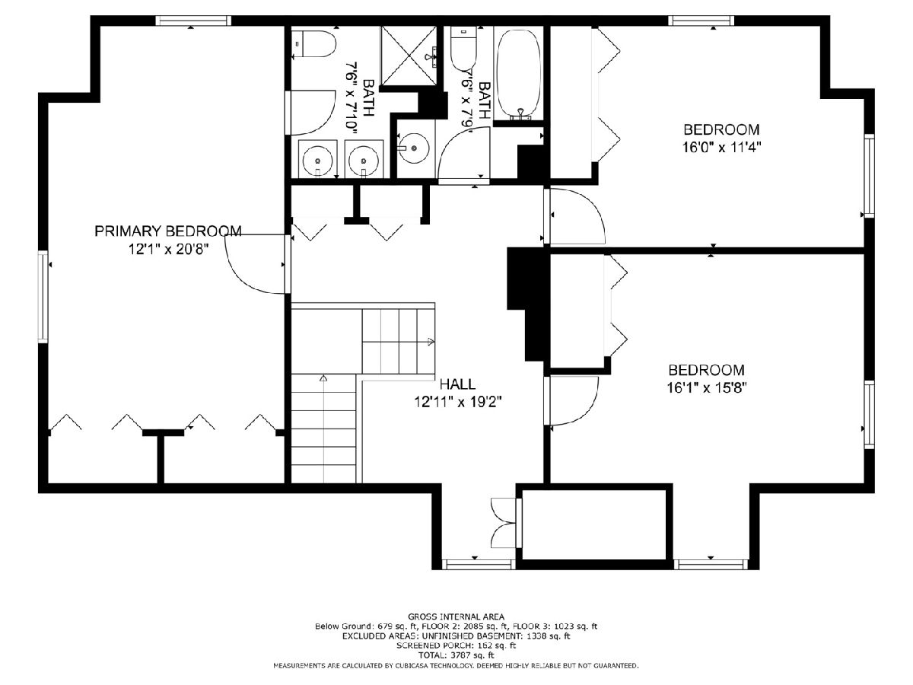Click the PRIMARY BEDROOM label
[x=168, y=231]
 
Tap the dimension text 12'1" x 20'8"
[x=168, y=250]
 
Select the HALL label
[x=457, y=384]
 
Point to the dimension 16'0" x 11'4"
[x=721, y=147]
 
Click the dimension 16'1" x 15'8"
[x=707, y=387]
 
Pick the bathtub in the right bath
[x=520, y=75]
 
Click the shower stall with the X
[x=409, y=56]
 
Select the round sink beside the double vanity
[x=412, y=148]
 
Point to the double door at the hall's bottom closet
[x=504, y=523]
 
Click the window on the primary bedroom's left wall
[x=43, y=296]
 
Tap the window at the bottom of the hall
[x=478, y=565]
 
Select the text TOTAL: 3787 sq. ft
[x=456, y=655]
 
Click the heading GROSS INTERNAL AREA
[x=456, y=616]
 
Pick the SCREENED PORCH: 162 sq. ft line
[x=456, y=645]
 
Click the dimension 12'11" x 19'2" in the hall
[x=457, y=402]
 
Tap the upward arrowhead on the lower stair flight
[x=323, y=378]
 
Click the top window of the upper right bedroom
[x=701, y=21]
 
